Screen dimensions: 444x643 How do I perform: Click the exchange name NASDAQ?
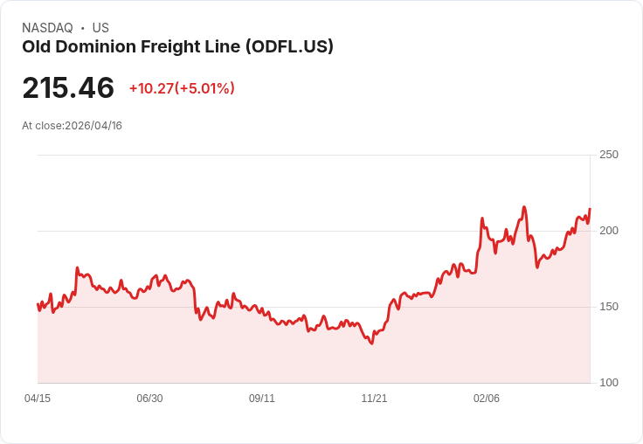pos(47,28)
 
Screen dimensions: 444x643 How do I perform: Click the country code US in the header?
pos(100,28)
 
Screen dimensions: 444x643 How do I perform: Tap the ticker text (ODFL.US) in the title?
pos(289,47)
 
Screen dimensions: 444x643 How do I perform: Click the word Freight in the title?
pos(173,47)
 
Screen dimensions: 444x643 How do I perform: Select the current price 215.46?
pos(68,88)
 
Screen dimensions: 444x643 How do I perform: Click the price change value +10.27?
pos(151,88)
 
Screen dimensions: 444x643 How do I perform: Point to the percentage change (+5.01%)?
pos(205,88)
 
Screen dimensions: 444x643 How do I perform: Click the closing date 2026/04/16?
pos(93,126)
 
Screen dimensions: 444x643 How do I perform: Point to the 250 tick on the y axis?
pos(608,155)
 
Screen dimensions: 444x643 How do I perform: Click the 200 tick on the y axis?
pos(608,231)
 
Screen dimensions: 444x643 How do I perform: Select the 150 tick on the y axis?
pos(608,307)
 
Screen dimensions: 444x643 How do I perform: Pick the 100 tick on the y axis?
pos(608,383)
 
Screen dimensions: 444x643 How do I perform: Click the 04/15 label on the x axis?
pos(38,399)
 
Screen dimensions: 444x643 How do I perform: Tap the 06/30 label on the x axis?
pos(149,399)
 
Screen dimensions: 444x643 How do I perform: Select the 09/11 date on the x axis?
pos(262,399)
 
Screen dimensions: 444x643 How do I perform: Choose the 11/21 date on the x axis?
pos(374,399)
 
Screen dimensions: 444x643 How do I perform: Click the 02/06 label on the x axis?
pos(487,399)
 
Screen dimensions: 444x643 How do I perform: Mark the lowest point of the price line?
pos(371,343)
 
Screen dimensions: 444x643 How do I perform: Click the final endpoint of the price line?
pos(590,209)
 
